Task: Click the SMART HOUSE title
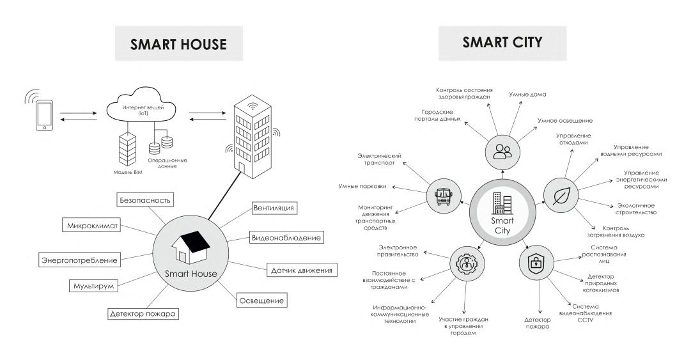[x=178, y=44]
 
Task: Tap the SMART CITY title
[x=502, y=43]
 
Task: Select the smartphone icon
[x=43, y=115]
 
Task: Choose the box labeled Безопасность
[x=145, y=200]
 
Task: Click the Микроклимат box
[x=90, y=226]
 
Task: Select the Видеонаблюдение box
[x=285, y=237]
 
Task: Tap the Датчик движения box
[x=300, y=270]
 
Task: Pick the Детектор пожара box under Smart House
[x=142, y=313]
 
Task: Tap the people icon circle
[x=502, y=152]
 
